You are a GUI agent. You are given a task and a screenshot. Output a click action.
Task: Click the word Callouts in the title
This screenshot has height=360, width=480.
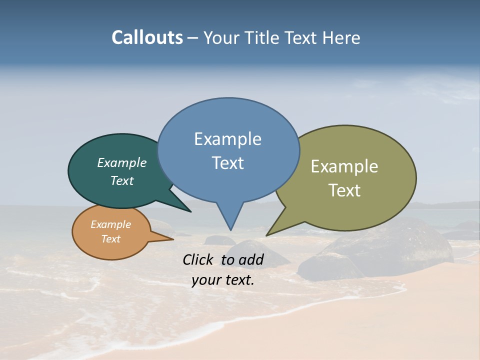click(x=147, y=37)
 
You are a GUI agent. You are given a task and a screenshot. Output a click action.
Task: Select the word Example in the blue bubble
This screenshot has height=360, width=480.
click(x=227, y=139)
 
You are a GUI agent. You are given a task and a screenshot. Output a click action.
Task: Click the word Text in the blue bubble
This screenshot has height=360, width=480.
click(x=227, y=163)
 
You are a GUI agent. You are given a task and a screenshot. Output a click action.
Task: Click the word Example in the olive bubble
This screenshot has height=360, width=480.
click(x=344, y=166)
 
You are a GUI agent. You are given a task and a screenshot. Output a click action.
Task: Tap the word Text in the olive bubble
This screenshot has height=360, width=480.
click(x=344, y=190)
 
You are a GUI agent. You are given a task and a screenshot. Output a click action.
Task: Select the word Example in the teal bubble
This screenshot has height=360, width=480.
click(x=122, y=163)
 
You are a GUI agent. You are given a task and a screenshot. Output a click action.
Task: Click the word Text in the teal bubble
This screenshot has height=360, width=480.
click(x=122, y=181)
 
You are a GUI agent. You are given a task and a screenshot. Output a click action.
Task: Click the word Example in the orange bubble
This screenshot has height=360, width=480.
click(x=110, y=224)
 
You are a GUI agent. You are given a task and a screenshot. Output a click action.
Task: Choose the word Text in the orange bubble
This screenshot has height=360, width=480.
click(x=110, y=239)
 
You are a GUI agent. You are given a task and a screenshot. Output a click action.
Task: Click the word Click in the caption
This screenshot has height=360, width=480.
click(x=198, y=259)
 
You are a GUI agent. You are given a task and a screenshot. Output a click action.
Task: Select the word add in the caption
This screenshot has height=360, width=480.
click(x=251, y=259)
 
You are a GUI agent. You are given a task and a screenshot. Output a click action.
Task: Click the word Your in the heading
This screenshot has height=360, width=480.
click(x=221, y=38)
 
